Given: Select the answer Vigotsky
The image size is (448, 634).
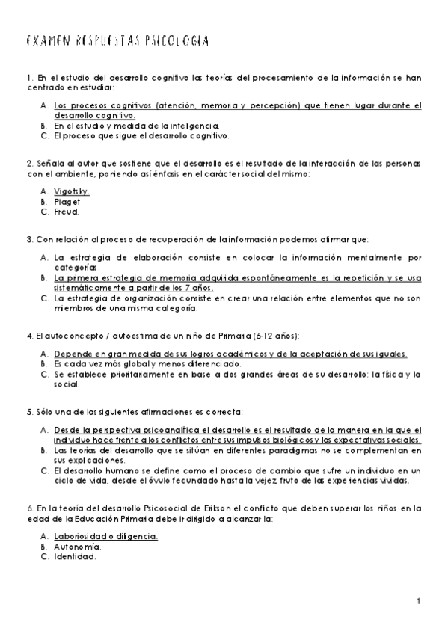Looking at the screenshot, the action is [x=72, y=191].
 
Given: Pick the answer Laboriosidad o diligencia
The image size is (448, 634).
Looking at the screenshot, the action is [x=106, y=537].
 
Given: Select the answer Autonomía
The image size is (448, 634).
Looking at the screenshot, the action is [x=76, y=547].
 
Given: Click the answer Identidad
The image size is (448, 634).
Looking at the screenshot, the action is [x=75, y=556].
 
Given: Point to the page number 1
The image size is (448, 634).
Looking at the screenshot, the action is [x=420, y=602].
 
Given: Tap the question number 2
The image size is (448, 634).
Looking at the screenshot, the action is [x=28, y=164].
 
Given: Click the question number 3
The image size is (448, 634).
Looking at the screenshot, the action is [x=28, y=239].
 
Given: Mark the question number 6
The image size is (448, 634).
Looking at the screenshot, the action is [x=28, y=508].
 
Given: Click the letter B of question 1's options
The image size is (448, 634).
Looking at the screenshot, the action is [x=44, y=126].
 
